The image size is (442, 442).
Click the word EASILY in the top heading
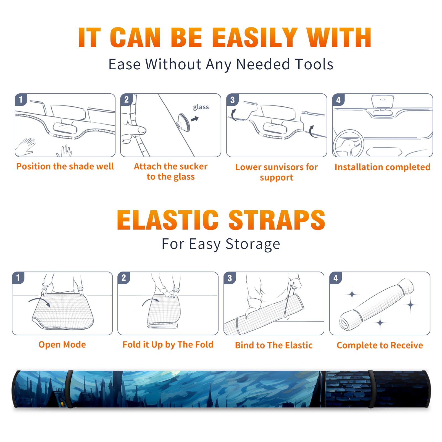pos(255,38)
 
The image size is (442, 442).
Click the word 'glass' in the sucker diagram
pos(201,107)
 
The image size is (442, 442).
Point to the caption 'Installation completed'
pos(382,167)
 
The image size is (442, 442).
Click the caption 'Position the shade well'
pos(65,166)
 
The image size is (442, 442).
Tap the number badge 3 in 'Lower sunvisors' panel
pos(232,100)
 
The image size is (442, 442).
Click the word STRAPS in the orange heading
pos(277,220)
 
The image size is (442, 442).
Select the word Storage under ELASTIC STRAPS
pos(253,244)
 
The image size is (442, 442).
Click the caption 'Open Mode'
pos(62,344)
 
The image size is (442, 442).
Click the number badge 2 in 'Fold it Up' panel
pos(123,278)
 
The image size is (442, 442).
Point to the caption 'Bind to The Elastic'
pos(274,345)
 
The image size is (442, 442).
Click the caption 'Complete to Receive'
pos(380,345)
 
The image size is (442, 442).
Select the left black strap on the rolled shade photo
pos(70,389)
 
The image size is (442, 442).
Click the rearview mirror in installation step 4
pos(383,102)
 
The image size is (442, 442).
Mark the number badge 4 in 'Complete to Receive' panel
pos(336,278)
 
